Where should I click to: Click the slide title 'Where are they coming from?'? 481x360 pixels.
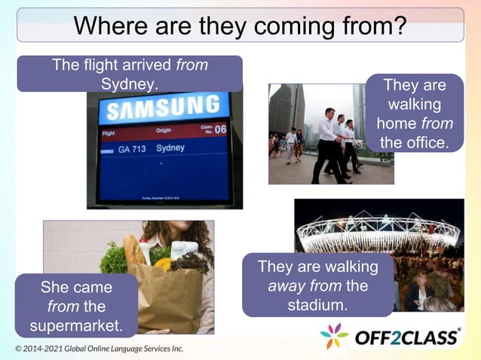[240, 26]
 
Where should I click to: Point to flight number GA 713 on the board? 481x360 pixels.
[133, 149]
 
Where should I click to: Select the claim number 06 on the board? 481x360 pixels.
[219, 130]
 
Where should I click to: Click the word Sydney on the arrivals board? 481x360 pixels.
[170, 148]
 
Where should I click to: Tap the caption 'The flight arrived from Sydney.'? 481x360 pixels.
[130, 74]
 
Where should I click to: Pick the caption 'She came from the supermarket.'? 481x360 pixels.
[76, 306]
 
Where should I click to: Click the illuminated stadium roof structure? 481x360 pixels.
[377, 230]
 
